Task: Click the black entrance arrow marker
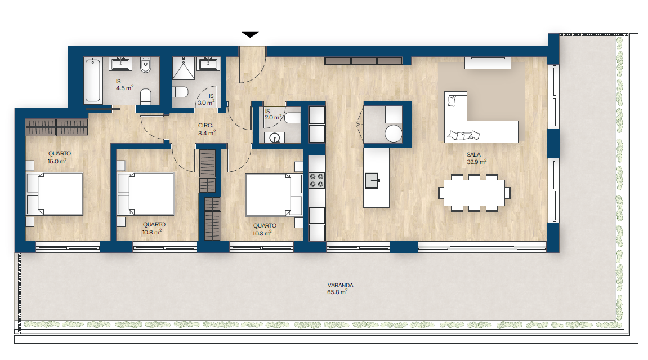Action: [250, 34]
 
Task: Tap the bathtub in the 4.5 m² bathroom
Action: [93, 80]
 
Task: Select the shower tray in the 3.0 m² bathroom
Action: [184, 68]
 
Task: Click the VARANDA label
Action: [340, 285]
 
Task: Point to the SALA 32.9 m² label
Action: [476, 158]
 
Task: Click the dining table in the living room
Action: [474, 193]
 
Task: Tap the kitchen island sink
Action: [372, 180]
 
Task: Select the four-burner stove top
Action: [317, 180]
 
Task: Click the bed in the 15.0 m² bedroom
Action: [55, 194]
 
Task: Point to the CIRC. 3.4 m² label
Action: [207, 130]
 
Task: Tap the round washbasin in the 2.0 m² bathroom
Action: [274, 138]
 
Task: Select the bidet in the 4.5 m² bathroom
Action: [145, 65]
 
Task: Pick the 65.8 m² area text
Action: [337, 292]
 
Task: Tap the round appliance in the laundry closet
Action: [393, 134]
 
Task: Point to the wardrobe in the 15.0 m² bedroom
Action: [57, 127]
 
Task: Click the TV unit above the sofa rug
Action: [488, 63]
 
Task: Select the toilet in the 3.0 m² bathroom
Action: [180, 91]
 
